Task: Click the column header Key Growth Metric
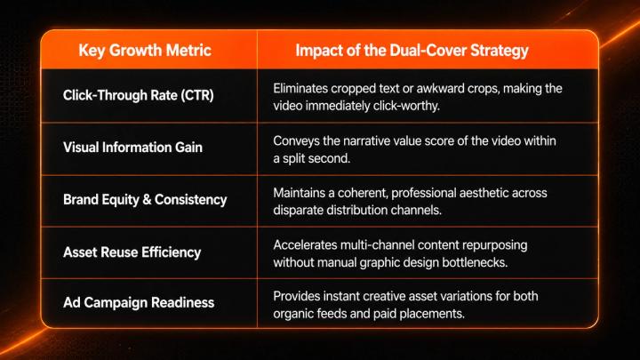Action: coord(145,50)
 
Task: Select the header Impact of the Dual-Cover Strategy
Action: coord(412,51)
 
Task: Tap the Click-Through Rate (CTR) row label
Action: coord(139,95)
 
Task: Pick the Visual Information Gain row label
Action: coord(132,147)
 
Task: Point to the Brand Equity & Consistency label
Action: coord(145,199)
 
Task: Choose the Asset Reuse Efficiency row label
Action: coord(132,252)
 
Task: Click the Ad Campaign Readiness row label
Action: coord(139,302)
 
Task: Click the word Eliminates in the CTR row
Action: coord(300,88)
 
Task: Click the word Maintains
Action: coord(300,193)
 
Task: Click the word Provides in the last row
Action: coord(296,296)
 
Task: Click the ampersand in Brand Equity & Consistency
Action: coord(147,199)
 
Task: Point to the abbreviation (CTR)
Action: coord(197,95)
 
